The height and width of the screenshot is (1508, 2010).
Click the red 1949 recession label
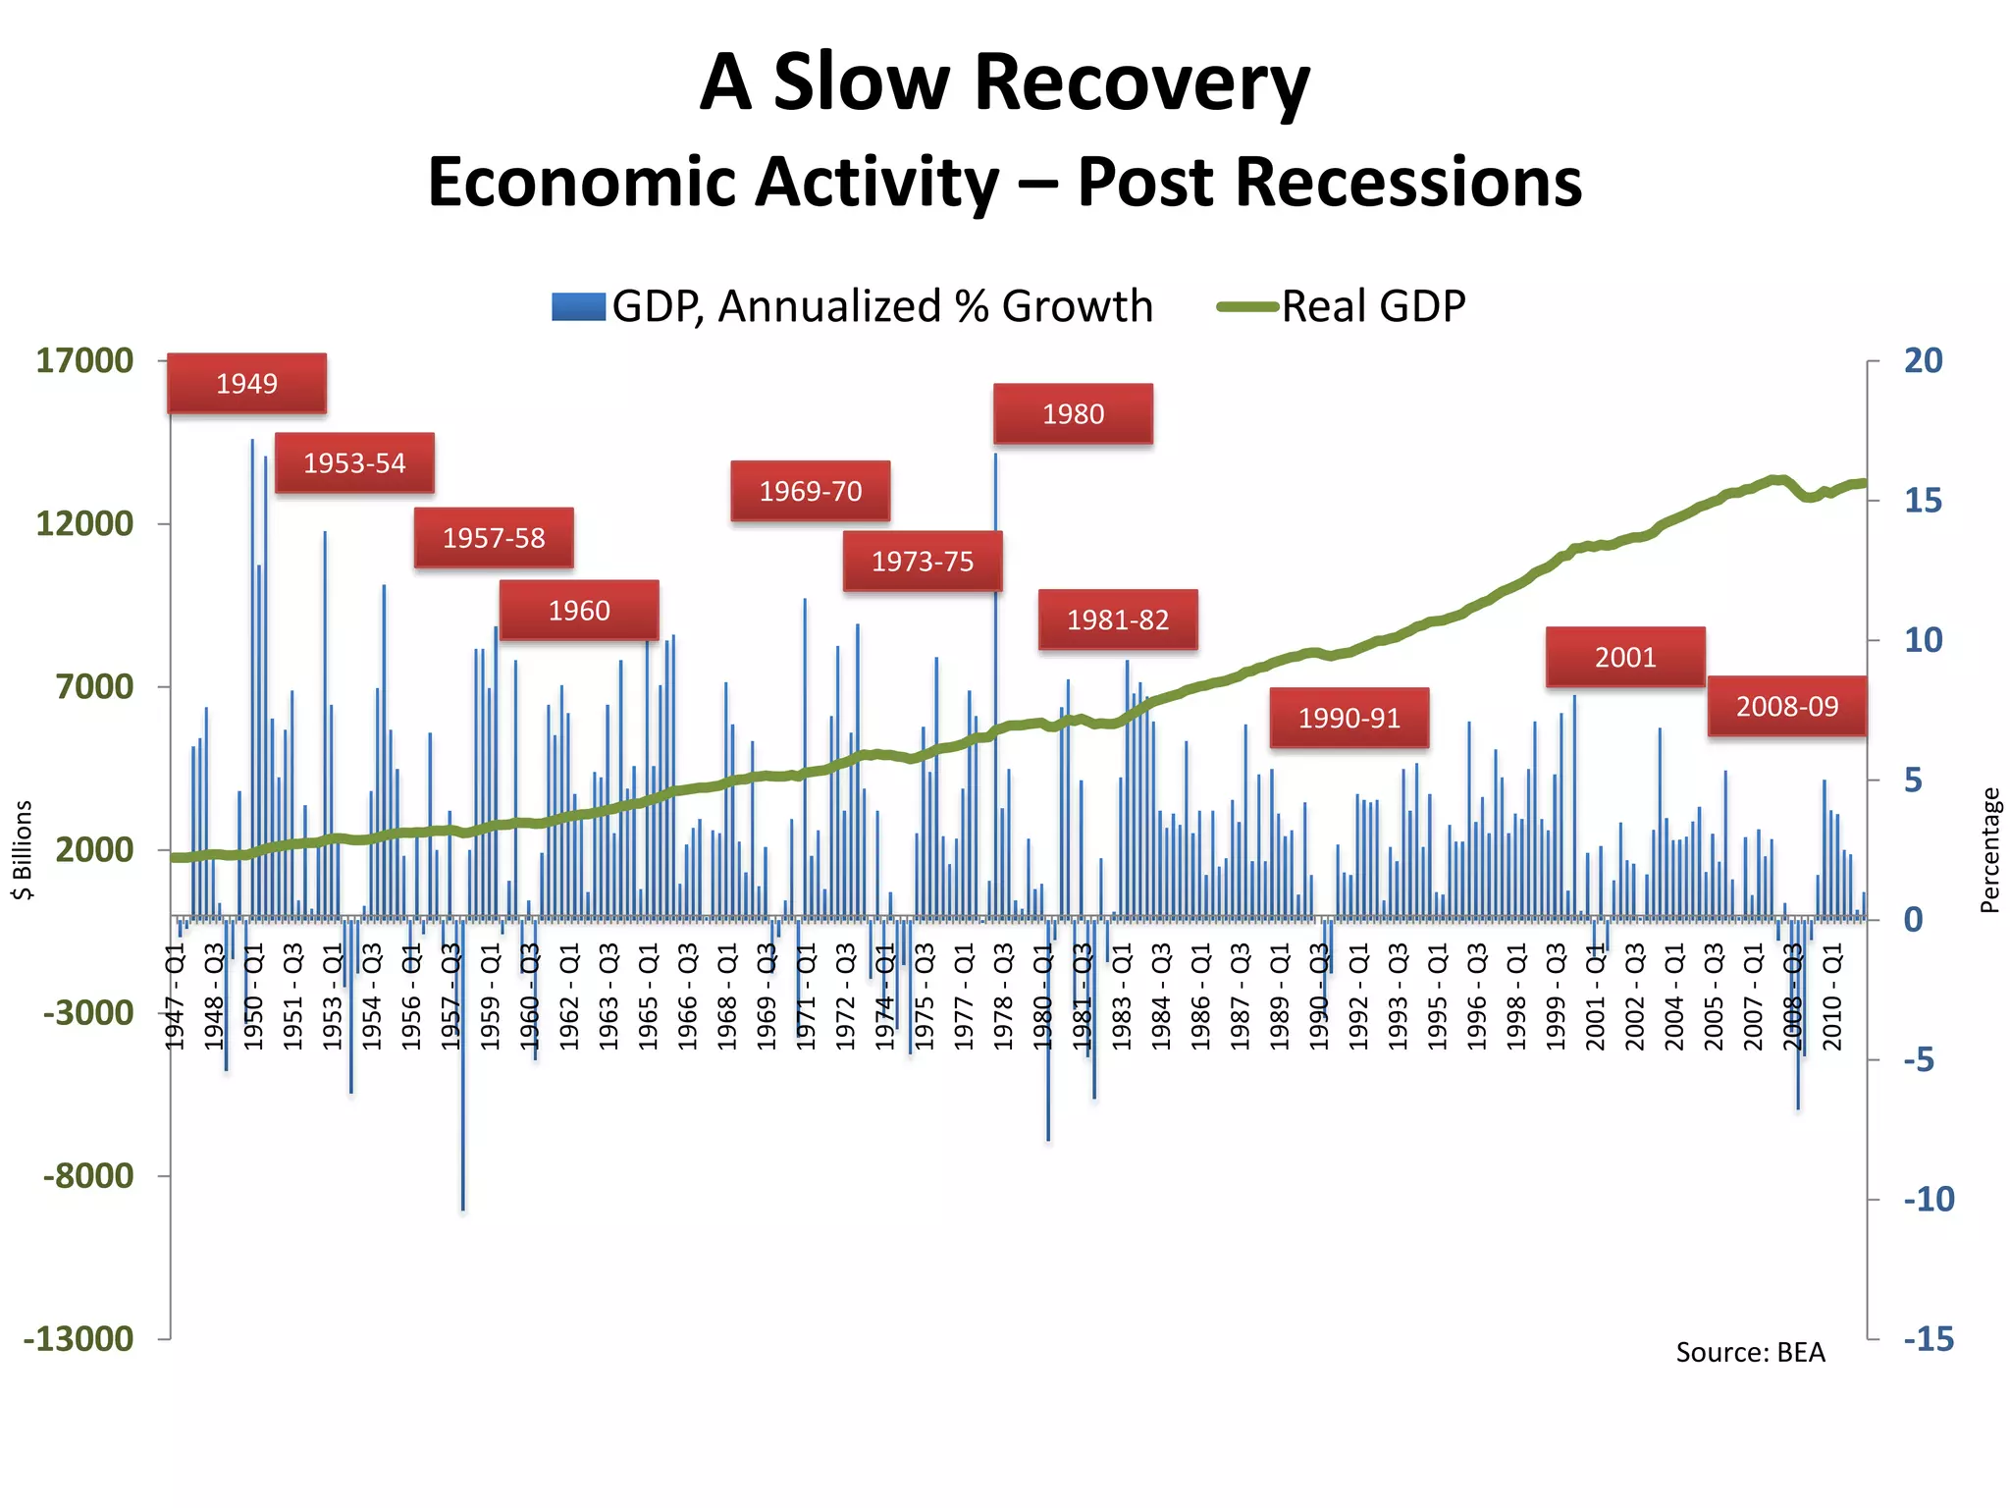point(246,384)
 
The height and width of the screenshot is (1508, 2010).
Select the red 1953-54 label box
point(354,463)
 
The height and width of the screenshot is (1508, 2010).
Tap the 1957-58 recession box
point(494,538)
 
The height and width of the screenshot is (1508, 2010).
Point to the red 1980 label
point(1073,414)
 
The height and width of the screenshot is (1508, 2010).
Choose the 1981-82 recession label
point(1118,620)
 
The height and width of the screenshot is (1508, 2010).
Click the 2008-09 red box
point(1786,707)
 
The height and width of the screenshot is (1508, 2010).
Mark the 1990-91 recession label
point(1349,719)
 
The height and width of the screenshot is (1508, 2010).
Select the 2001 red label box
point(1625,658)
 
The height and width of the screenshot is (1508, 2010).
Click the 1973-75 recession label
point(923,562)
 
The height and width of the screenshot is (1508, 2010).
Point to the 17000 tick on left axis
point(84,360)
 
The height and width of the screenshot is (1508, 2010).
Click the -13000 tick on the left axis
point(79,1338)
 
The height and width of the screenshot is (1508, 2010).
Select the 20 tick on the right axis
point(1923,360)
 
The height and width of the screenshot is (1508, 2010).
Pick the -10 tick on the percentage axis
point(1929,1199)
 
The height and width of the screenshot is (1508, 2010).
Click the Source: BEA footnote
point(1750,1353)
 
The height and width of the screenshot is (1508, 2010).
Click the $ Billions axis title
point(23,849)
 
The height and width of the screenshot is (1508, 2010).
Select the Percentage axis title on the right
point(1989,850)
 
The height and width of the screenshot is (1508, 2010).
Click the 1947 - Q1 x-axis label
point(175,996)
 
